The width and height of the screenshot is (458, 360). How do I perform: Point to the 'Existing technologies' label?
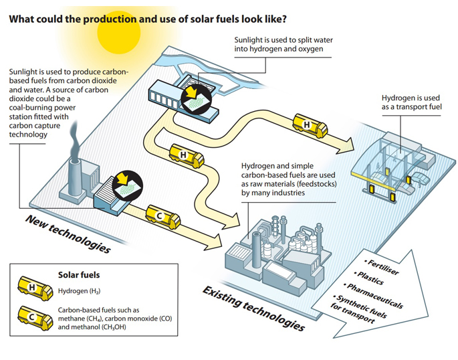coord(254,308)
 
